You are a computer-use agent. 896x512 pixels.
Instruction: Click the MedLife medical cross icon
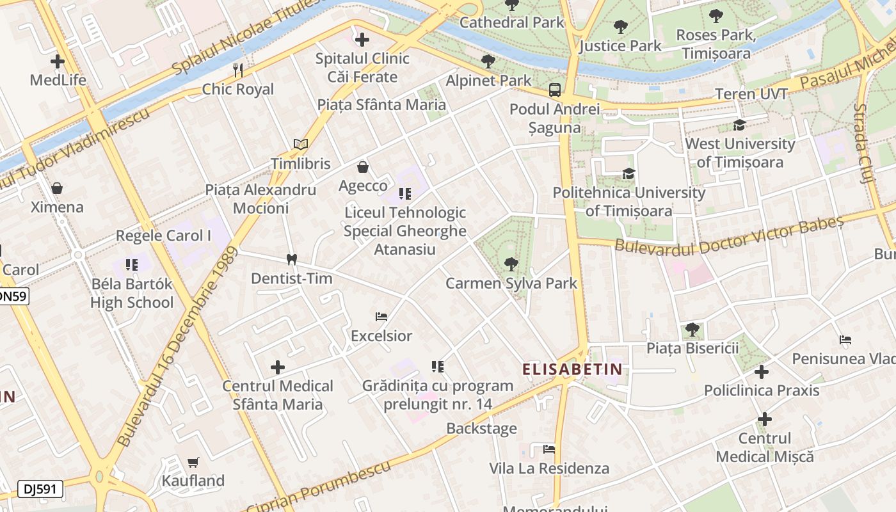pos(58,61)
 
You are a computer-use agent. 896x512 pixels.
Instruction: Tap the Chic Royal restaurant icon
pos(238,70)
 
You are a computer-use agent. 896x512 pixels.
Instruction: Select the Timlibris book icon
pos(301,144)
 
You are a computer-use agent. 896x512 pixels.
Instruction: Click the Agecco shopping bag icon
pos(363,167)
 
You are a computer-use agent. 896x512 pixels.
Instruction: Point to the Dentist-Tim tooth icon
pos(292,260)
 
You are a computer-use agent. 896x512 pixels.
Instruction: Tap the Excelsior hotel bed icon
pos(381,317)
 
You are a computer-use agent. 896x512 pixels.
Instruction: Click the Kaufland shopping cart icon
pos(193,462)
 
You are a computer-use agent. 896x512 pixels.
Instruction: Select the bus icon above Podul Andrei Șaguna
pos(555,90)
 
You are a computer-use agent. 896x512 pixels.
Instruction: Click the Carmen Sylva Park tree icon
pos(511,264)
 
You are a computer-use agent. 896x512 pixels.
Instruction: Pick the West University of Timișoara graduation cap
pos(740,125)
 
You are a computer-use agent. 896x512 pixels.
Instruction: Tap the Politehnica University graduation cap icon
pos(628,173)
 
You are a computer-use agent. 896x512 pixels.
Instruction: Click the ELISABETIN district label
pos(572,369)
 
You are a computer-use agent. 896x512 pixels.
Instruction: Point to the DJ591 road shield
pos(41,489)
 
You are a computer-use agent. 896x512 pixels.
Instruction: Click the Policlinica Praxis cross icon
pos(761,371)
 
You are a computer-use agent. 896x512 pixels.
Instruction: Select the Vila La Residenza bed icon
pos(548,449)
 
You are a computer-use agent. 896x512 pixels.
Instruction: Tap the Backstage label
pos(481,428)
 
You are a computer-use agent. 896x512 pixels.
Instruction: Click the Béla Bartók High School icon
pos(132,264)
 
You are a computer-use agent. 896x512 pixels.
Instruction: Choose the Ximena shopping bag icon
pos(57,188)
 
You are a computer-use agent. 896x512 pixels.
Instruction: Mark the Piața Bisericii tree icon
pos(692,330)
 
